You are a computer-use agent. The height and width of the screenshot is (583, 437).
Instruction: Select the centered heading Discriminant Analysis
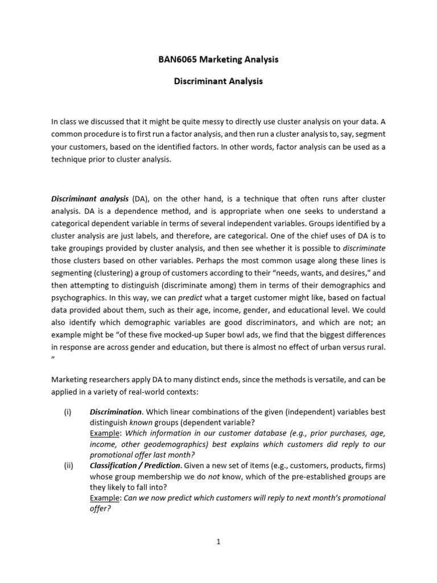point(218,81)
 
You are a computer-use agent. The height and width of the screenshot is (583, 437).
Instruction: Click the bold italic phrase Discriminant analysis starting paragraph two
point(90,198)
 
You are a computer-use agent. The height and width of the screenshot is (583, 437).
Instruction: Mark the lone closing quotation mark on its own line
point(53,359)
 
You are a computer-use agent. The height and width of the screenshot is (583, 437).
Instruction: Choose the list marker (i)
point(68,412)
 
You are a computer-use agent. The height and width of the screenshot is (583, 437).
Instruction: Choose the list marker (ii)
point(68,465)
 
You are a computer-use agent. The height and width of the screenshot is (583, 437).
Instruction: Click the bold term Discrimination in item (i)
point(116,412)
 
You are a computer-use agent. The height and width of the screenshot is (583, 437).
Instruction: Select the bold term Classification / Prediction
point(135,465)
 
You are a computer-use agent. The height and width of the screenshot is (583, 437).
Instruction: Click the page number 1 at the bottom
point(218,542)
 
